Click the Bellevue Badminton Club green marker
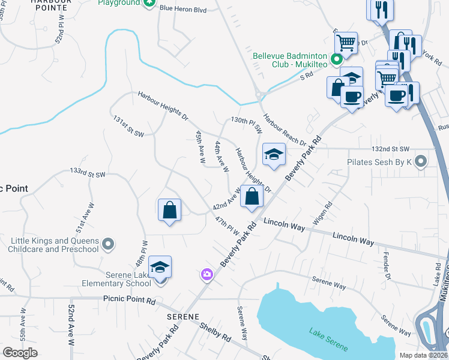(x=337, y=59)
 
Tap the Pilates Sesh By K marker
(x=421, y=161)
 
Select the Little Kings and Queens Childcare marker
(x=108, y=244)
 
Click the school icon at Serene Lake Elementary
(x=160, y=267)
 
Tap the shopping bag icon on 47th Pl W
(x=170, y=210)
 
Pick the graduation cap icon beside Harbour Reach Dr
(x=273, y=155)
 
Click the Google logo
(x=20, y=353)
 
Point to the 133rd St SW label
(x=88, y=173)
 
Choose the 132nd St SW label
(x=390, y=148)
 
